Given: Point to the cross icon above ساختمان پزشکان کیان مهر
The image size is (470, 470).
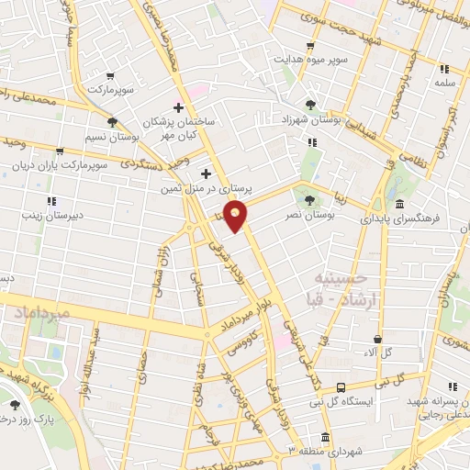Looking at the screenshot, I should click(178, 107).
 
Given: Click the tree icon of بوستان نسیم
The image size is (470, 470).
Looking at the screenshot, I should click(112, 121).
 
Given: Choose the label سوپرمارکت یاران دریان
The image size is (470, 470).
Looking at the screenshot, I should click(61, 166).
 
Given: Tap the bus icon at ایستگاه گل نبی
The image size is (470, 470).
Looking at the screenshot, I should click(341, 388).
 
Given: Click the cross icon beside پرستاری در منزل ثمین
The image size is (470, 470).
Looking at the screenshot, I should click(206, 173).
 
